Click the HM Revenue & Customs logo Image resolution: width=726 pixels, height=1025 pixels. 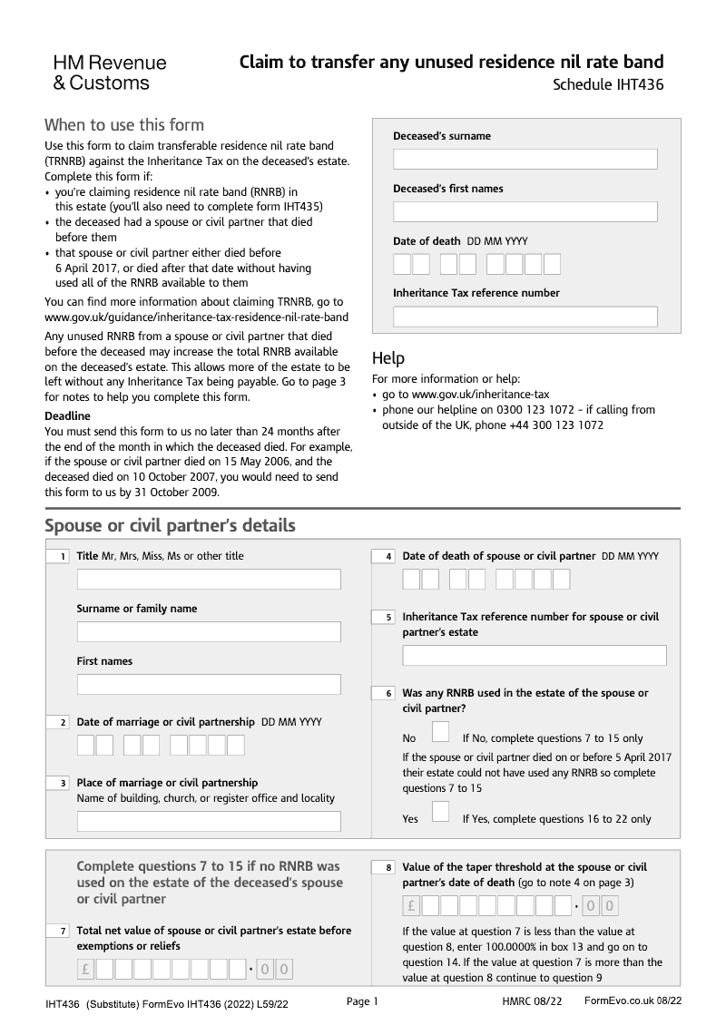point(109,73)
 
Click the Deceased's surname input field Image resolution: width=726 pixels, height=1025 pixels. point(525,160)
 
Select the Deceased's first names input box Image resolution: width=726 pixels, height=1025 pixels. point(525,212)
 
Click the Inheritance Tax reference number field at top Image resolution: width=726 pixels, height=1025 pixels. point(525,317)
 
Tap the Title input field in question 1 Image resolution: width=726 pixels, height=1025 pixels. point(209,580)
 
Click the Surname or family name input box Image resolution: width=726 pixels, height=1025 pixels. point(209,632)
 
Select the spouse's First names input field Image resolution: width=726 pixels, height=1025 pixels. point(209,685)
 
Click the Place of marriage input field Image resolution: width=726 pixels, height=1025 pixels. point(209,822)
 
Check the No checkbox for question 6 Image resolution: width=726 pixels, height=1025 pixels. point(440,731)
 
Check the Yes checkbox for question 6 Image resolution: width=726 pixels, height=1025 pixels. point(440,811)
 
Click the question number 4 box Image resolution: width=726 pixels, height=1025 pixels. point(383,557)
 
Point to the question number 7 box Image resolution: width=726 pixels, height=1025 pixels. point(57,932)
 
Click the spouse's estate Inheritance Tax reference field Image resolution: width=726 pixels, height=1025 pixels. point(534,656)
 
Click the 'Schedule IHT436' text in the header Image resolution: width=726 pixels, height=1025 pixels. point(608,86)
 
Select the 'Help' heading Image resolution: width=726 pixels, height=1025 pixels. point(388,358)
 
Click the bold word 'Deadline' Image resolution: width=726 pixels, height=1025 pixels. point(67,416)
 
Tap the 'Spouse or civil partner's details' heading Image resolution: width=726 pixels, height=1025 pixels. point(170,526)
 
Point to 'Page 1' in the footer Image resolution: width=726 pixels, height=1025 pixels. point(362,1001)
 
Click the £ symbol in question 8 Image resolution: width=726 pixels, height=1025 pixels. point(411,905)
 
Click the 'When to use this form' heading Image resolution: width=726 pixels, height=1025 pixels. point(124,125)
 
